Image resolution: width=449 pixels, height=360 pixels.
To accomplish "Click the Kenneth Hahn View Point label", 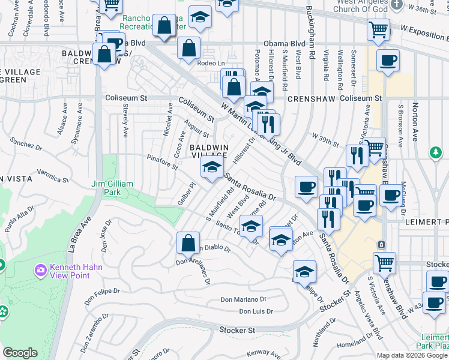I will click(x=76, y=271).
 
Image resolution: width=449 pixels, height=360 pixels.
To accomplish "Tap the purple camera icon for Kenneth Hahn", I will click(x=41, y=271).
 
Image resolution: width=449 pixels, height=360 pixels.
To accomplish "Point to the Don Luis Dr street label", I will click(x=256, y=311).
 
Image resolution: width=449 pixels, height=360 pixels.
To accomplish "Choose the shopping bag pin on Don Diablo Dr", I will click(x=188, y=244).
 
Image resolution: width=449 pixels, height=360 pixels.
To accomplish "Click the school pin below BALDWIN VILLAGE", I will click(x=212, y=169).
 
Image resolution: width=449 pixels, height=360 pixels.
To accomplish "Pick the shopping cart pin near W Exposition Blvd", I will click(x=379, y=29).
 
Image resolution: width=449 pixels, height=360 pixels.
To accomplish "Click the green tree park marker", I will click(x=436, y=153).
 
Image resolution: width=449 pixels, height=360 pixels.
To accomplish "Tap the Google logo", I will click(x=20, y=353).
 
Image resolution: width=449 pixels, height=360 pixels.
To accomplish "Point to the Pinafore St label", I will click(x=162, y=162).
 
